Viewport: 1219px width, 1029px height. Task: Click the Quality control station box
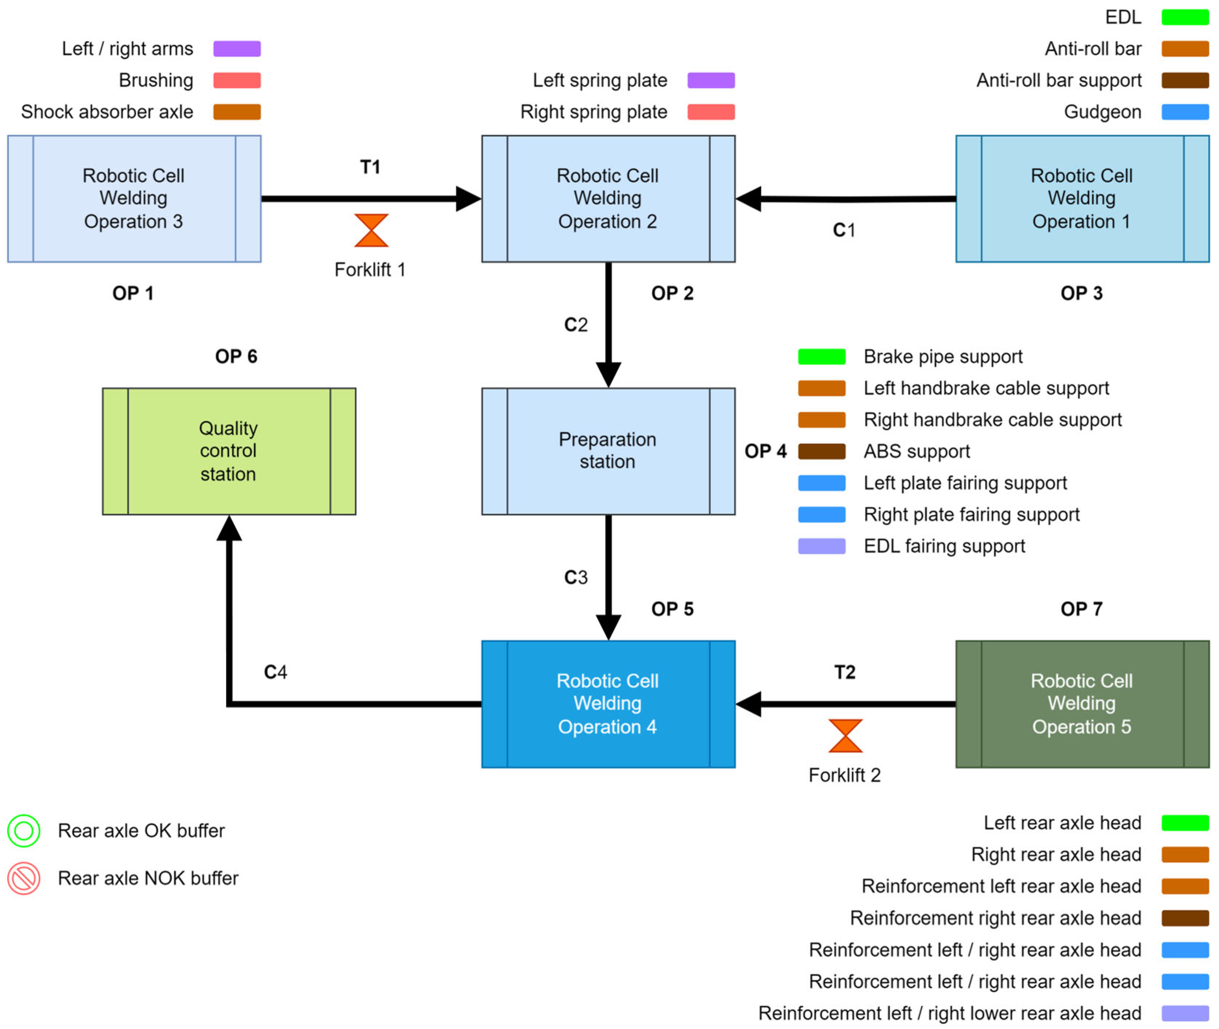point(229,451)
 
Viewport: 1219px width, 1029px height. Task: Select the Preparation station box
point(608,451)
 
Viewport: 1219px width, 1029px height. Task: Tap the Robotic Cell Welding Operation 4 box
point(608,704)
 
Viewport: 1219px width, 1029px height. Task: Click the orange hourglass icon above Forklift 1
point(371,230)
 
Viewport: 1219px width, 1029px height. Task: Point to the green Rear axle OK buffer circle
point(24,830)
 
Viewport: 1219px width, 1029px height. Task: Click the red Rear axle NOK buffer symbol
point(24,878)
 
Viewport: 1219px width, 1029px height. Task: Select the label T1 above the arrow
point(370,167)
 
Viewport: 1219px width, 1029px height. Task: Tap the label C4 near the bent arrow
point(275,672)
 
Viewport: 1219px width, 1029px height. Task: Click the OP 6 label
point(236,357)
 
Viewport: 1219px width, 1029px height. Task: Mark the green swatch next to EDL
point(1185,17)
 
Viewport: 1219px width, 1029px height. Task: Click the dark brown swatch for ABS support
point(821,451)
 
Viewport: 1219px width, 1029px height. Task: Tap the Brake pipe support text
point(943,357)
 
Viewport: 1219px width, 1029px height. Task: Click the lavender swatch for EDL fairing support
point(821,546)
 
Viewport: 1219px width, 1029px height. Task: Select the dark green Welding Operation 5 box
point(1082,704)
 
